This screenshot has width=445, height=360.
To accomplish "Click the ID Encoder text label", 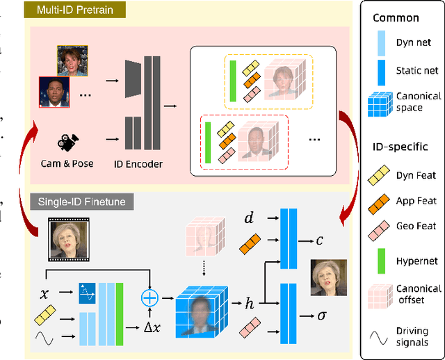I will (x=138, y=164).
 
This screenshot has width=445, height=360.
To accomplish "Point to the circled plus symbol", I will (x=150, y=297).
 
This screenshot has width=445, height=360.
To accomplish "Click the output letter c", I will (x=320, y=240).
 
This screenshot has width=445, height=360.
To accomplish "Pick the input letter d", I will (x=249, y=219).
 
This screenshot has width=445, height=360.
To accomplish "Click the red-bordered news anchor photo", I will (x=57, y=92).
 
